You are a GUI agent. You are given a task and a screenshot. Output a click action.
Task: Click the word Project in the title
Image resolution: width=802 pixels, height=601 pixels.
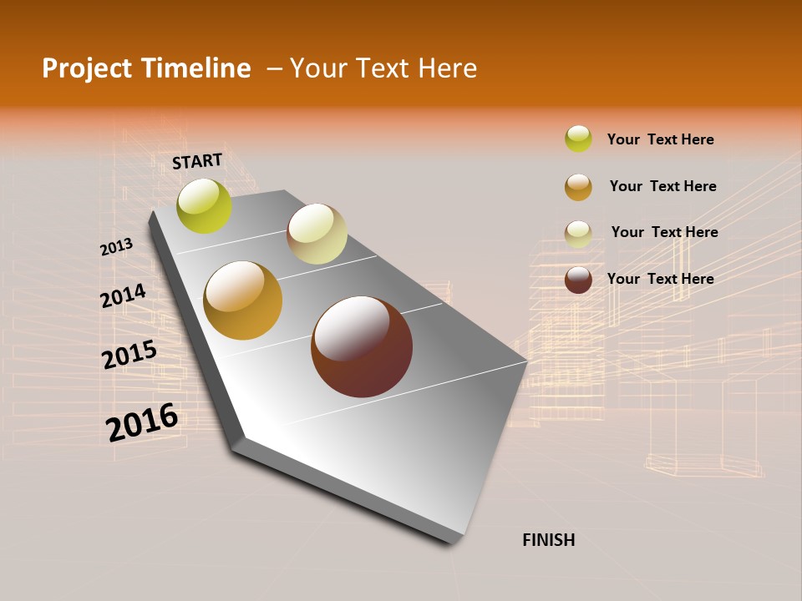[87, 68]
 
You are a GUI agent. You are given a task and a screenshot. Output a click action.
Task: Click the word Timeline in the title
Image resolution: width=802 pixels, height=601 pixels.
[195, 68]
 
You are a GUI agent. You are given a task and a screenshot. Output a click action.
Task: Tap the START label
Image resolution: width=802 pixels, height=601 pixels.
[197, 161]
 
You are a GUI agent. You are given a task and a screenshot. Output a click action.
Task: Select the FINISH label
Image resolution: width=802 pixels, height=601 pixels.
[549, 540]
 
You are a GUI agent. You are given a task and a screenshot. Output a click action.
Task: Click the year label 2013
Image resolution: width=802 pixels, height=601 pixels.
[116, 247]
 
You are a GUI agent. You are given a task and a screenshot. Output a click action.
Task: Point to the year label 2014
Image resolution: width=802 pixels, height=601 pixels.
[123, 295]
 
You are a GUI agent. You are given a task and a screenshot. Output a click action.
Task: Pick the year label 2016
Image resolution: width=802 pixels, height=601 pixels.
[142, 422]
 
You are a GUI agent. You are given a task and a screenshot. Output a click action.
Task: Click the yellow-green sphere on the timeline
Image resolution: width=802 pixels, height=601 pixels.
[205, 206]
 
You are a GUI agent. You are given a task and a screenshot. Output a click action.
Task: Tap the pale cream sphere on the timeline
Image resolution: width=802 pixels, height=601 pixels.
[317, 234]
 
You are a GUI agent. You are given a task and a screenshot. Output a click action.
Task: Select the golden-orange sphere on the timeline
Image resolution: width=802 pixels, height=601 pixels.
[243, 300]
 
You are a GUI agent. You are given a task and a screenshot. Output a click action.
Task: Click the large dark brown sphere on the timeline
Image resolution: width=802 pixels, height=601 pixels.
[362, 346]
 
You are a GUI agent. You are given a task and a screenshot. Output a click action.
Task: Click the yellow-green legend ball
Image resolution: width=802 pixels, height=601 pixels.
[578, 139]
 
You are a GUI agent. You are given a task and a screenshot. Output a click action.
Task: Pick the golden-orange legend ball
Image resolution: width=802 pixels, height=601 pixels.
[578, 187]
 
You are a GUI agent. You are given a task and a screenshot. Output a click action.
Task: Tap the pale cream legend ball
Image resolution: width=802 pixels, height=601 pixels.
[578, 234]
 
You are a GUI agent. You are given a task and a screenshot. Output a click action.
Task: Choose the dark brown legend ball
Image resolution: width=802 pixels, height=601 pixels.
[578, 280]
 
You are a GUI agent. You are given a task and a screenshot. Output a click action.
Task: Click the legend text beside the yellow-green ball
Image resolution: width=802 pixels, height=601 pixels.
[660, 139]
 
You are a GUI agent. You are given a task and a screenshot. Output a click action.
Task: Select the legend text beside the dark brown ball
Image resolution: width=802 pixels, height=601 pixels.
[660, 279]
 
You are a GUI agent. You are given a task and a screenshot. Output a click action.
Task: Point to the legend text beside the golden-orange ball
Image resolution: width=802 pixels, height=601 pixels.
[662, 186]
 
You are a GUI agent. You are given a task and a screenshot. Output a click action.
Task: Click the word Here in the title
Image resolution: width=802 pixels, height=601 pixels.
[446, 68]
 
